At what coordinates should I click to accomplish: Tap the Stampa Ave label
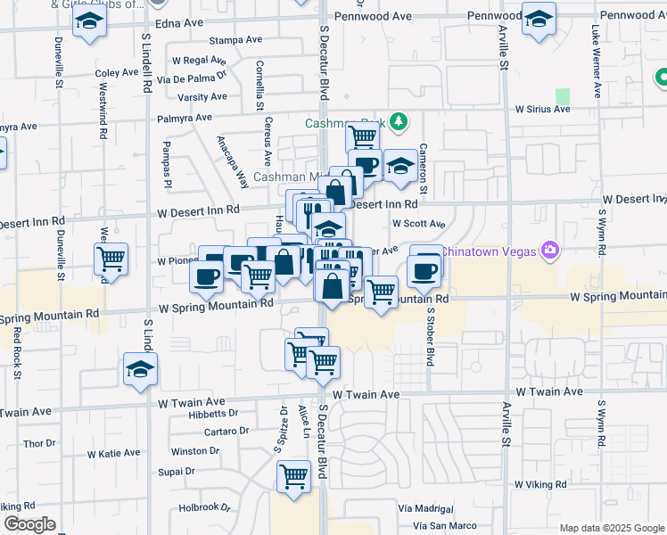[x=235, y=40]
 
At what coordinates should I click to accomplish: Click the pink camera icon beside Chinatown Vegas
[x=550, y=251]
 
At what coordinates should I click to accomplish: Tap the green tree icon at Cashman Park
[x=401, y=120]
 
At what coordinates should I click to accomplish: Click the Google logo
[x=29, y=524]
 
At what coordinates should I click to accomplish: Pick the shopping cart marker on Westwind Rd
[x=111, y=259]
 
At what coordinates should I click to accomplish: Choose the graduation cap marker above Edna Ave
[x=88, y=21]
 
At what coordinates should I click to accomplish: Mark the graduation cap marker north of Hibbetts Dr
[x=140, y=368]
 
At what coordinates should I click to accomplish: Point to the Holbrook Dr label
[x=205, y=507]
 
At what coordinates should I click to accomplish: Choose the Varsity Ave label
[x=202, y=97]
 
